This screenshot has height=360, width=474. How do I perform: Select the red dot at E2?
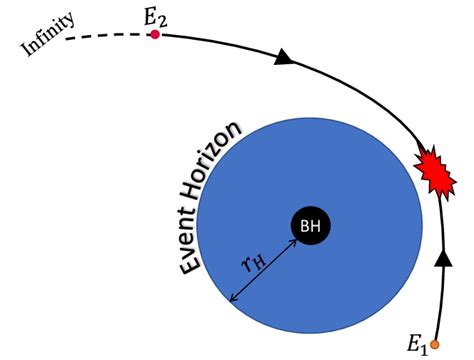click(155, 35)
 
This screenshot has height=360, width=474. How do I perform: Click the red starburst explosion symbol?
click(434, 173)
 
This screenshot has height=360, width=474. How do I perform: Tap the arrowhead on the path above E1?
click(441, 260)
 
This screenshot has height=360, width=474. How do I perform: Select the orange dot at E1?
click(435, 344)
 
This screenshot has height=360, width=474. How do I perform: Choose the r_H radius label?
click(252, 263)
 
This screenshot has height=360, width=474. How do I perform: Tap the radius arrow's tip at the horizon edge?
click(233, 300)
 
